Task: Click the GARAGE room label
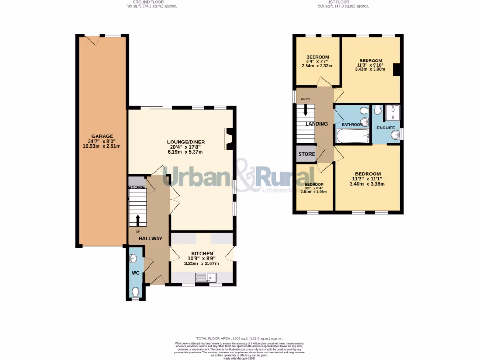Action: pyautogui.click(x=102, y=136)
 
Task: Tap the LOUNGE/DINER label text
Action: pyautogui.click(x=186, y=142)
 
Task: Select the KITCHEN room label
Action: pyautogui.click(x=202, y=254)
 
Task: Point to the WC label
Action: pyautogui.click(x=135, y=273)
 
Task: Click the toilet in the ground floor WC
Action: pyautogui.click(x=135, y=292)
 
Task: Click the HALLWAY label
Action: pyautogui.click(x=150, y=239)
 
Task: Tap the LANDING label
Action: pyautogui.click(x=316, y=124)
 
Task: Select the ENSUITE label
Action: pyautogui.click(x=385, y=128)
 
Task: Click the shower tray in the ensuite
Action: pyautogui.click(x=392, y=112)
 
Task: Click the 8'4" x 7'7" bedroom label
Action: pyautogui.click(x=317, y=57)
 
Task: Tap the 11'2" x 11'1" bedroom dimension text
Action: pyautogui.click(x=367, y=181)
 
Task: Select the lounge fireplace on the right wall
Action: pyautogui.click(x=230, y=139)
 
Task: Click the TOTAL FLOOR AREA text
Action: pyautogui.click(x=240, y=338)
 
